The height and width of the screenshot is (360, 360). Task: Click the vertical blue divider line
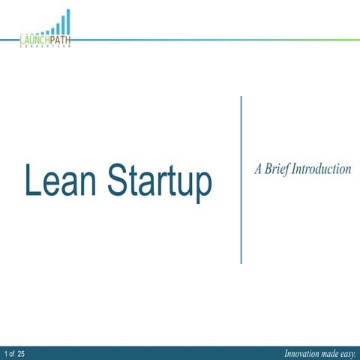coord(241,180)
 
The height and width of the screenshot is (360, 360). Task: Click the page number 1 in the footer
coord(6,352)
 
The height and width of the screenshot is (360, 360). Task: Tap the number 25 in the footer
coord(22,352)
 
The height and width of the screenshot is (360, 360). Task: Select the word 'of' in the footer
coord(13,352)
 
